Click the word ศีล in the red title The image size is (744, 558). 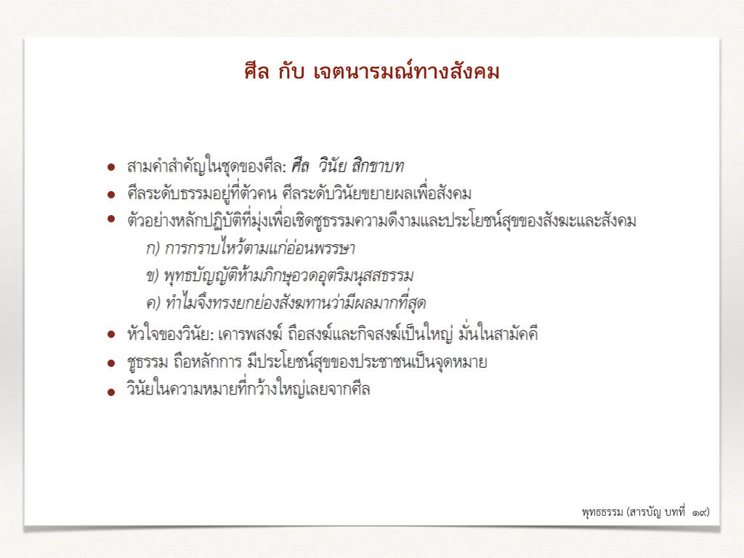pos(256,71)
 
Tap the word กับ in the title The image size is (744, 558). pos(291,71)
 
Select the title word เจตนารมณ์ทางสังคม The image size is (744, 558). pos(406,71)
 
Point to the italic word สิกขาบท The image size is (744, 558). pos(377,166)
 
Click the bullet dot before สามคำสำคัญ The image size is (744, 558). pos(111,167)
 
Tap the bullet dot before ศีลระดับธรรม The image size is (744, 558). pos(111,195)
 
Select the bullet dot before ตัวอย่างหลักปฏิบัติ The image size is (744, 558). pos(111,219)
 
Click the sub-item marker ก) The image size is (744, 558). pos(153,248)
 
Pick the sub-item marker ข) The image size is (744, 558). pos(153,275)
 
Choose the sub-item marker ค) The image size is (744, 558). pos(153,303)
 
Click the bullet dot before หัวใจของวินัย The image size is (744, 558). pos(111,334)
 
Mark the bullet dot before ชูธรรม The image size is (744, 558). pos(111,363)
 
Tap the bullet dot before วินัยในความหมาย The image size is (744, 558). pos(111,392)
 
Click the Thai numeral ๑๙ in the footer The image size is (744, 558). pos(700,512)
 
